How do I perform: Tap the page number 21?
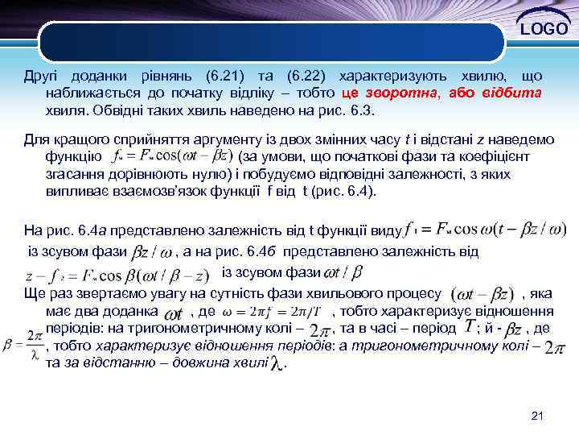[538, 416]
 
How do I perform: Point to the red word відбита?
[515, 93]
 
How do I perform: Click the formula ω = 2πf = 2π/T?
[273, 312]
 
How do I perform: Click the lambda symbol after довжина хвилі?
[277, 364]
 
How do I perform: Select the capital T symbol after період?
[468, 325]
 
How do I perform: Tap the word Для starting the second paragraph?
[36, 139]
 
